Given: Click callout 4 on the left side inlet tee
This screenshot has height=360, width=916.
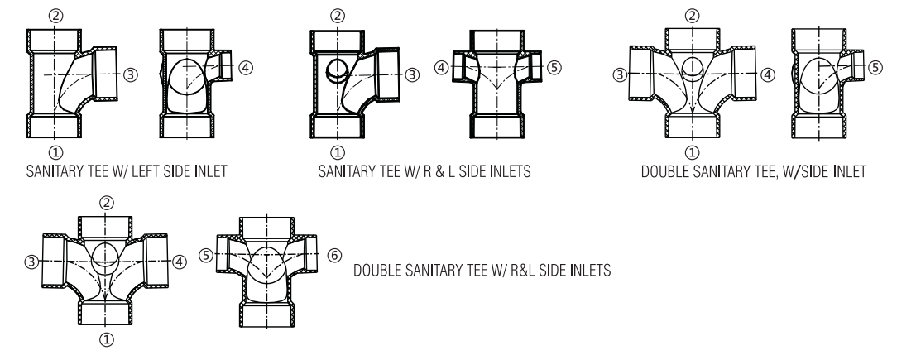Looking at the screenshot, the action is [x=246, y=68].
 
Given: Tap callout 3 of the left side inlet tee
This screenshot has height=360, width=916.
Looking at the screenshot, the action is [x=131, y=74].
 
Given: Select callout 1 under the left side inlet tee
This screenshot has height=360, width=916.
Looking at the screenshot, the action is [x=55, y=153].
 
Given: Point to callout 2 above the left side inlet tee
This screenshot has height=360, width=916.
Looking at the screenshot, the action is [x=55, y=16].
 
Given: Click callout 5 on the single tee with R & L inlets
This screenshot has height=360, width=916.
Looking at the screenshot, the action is [x=554, y=68].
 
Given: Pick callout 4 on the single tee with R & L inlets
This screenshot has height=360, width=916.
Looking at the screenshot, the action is [x=442, y=68].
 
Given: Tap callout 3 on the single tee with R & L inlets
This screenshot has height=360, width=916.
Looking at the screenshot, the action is [x=412, y=74].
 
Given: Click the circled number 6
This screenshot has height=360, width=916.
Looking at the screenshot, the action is [x=334, y=256].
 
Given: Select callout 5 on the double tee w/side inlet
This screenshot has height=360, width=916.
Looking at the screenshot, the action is [x=875, y=68].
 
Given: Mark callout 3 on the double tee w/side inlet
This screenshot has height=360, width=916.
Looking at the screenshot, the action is [x=620, y=74].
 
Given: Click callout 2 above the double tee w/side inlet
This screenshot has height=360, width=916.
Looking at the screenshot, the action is [x=692, y=16].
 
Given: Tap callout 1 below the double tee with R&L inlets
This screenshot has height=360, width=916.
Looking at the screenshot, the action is [x=106, y=339].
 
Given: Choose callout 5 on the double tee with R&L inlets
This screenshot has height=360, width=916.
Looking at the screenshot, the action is [x=206, y=256].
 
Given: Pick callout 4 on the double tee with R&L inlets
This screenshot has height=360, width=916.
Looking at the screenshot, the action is [x=180, y=262].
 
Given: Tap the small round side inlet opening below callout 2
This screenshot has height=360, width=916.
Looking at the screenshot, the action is [x=337, y=70].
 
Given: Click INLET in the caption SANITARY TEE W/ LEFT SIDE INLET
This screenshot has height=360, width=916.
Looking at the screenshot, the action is [x=209, y=171].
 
